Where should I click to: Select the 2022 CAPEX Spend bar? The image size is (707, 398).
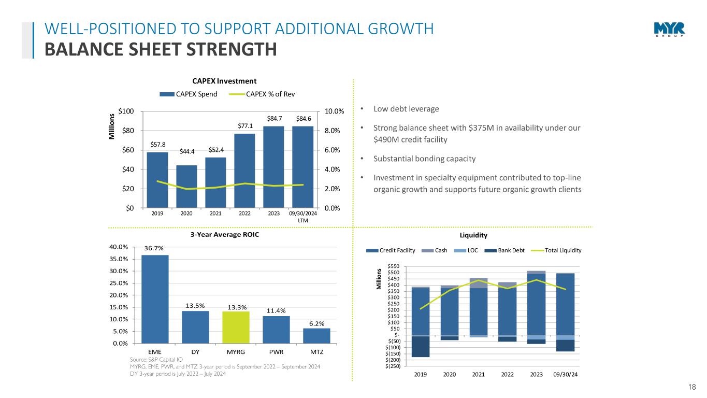point(244,170)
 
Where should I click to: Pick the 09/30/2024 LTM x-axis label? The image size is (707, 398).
point(303,217)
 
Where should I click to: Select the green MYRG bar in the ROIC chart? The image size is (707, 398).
point(236,327)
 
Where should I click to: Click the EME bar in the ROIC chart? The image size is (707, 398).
point(155,299)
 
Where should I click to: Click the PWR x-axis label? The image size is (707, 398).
point(276,352)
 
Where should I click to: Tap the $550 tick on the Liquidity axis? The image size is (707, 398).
point(393,266)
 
